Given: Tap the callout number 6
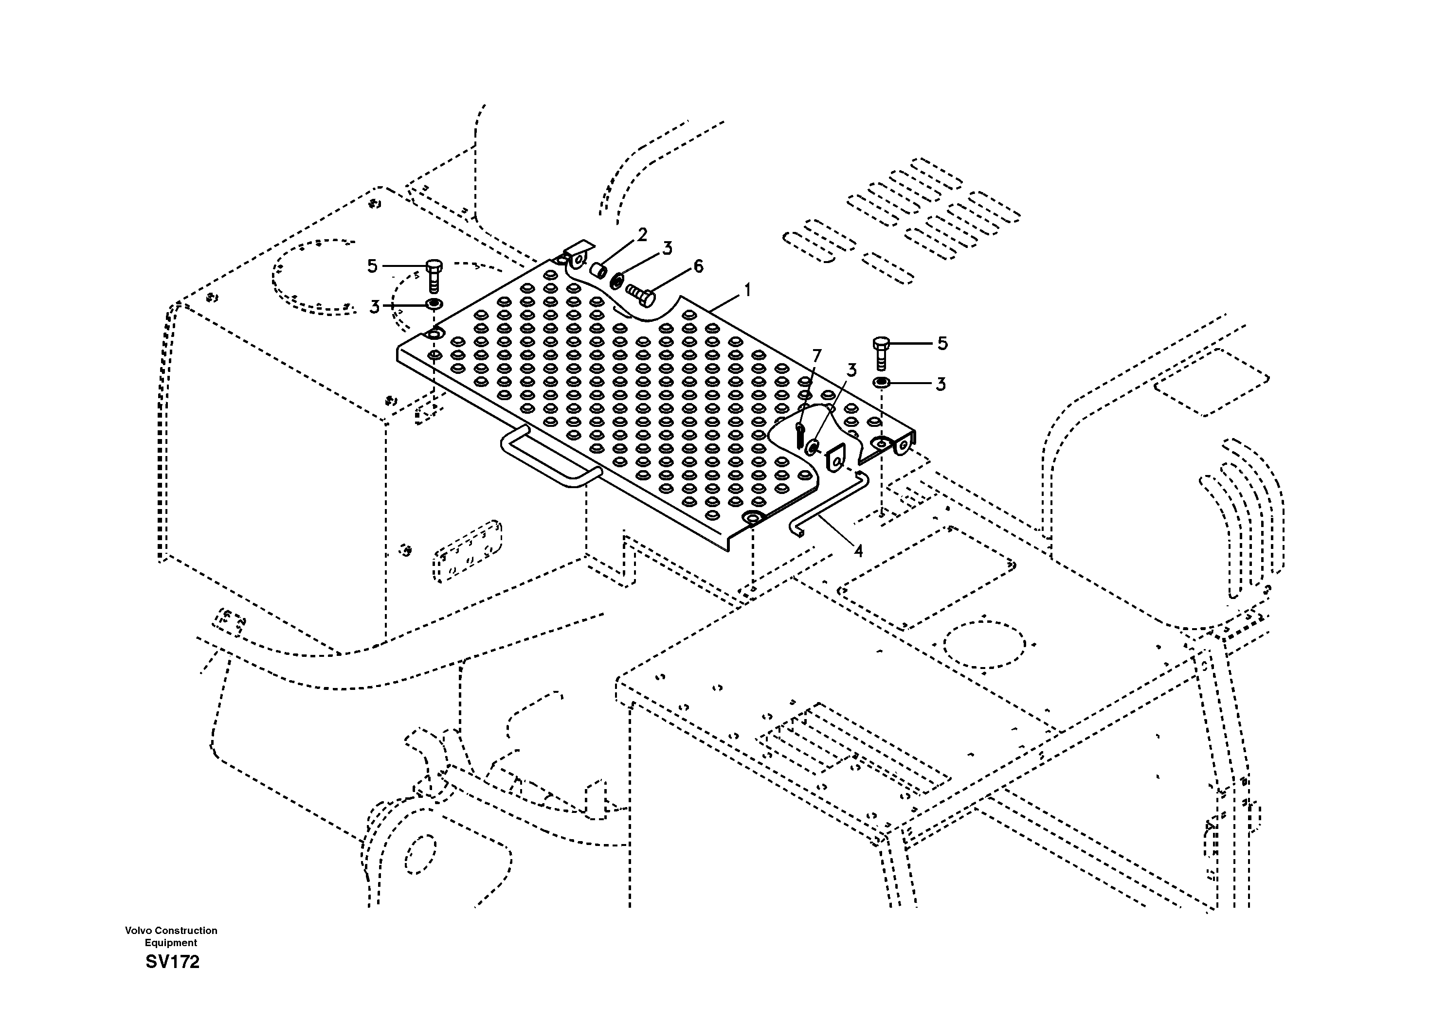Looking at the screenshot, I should click(x=698, y=266).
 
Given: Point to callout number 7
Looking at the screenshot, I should click(x=817, y=356).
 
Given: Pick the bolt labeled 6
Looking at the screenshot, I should click(x=641, y=294).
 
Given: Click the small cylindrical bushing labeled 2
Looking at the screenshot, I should click(x=598, y=271).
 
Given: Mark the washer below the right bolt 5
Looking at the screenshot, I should click(x=880, y=383).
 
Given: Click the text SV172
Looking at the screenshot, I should click(x=172, y=962).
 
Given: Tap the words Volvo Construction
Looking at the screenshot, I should click(x=171, y=930).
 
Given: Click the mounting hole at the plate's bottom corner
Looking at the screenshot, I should click(x=752, y=519).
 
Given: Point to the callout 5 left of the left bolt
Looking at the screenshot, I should click(x=372, y=266).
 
